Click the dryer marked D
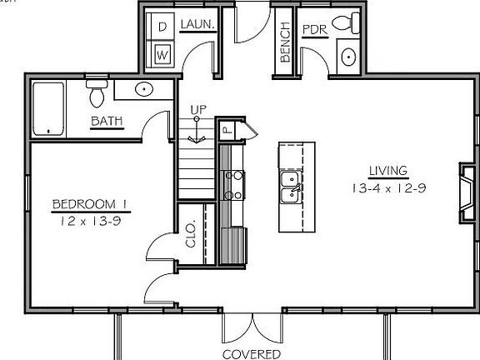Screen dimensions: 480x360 [162, 27]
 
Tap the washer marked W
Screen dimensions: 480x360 [162, 55]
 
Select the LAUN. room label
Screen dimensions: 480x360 [197, 24]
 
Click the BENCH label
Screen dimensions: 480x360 [285, 42]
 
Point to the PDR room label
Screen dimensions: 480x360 [315, 30]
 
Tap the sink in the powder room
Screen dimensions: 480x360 [348, 57]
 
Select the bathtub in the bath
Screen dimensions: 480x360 [48, 109]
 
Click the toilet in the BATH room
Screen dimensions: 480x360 [97, 93]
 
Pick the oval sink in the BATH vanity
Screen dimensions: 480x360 [144, 89]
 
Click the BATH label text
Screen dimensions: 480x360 [107, 121]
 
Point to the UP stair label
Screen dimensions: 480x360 [198, 110]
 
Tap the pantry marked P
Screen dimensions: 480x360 [227, 130]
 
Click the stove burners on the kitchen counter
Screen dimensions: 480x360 [234, 185]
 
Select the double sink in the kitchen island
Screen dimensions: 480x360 [291, 187]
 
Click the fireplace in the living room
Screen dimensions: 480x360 [467, 193]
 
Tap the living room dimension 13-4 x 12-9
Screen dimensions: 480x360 [389, 188]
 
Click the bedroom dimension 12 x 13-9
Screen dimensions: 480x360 [91, 221]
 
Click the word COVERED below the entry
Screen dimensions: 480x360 [252, 354]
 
